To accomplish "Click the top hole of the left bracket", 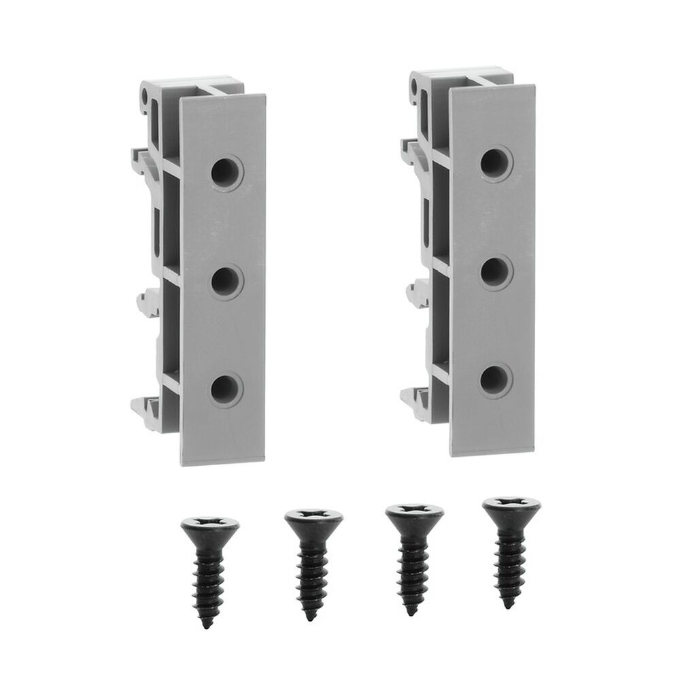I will [225, 171].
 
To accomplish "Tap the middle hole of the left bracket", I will [225, 282].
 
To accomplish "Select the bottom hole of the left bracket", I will [225, 390].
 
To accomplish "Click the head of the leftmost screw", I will [210, 526].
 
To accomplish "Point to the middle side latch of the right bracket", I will [417, 293].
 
